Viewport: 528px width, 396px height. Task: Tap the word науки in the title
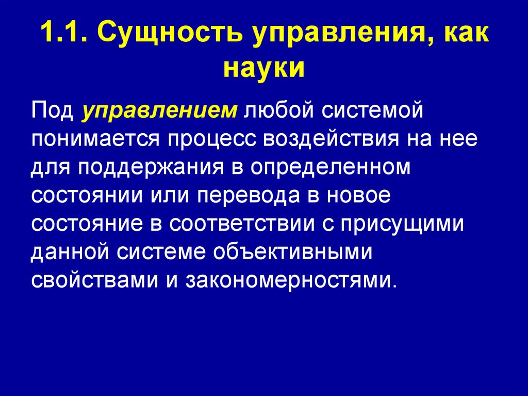coord(263,68)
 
